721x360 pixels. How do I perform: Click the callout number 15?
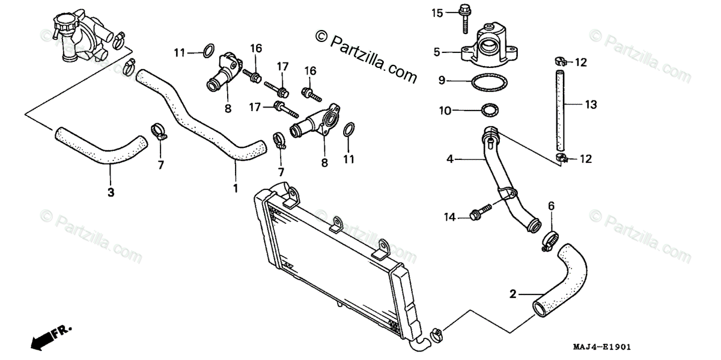(436, 12)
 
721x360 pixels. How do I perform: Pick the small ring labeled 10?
(490, 111)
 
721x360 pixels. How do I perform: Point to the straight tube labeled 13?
(560, 111)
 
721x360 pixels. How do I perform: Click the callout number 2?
(513, 294)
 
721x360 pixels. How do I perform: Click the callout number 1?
(235, 188)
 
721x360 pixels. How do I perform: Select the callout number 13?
(591, 105)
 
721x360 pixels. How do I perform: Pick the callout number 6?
(551, 206)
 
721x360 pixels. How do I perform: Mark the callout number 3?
(111, 192)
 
